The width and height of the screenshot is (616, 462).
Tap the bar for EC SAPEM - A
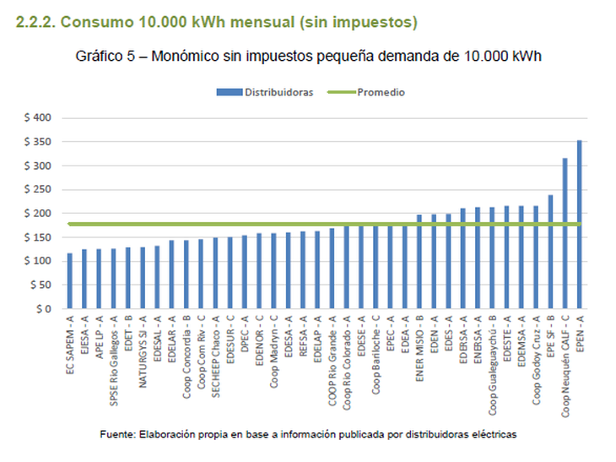69,281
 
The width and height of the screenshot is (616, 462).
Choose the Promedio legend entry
381,91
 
